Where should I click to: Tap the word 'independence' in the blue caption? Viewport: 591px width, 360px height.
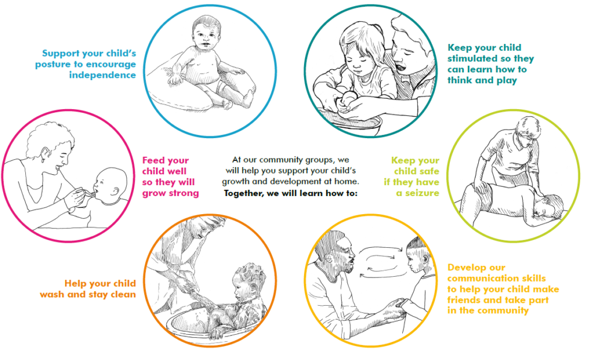tap(102, 75)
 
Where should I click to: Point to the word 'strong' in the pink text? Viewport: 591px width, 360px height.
tap(183, 193)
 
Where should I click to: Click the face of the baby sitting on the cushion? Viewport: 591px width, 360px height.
tap(204, 35)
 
